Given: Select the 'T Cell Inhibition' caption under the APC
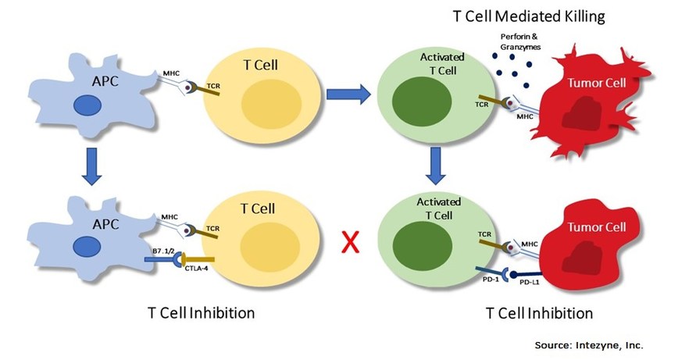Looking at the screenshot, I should [x=201, y=314].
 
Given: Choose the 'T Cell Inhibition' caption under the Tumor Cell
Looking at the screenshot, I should [x=539, y=313].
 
